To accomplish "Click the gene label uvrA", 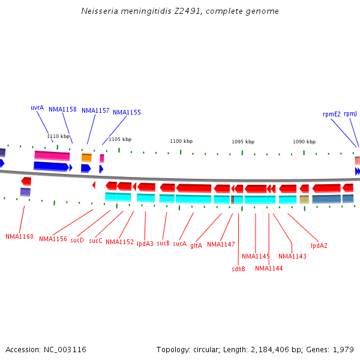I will [37, 108].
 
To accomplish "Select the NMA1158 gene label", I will [62, 110].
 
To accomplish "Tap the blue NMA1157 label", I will [95, 110].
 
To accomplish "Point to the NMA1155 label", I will [127, 112].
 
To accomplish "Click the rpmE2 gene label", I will [331, 114].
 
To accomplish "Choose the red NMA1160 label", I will [19, 236].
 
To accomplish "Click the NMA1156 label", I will [53, 239].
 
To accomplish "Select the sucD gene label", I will [77, 240].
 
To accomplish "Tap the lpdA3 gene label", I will [145, 244].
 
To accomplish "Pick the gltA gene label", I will [196, 245].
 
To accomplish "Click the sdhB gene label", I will [238, 269].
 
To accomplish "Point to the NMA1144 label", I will [268, 268].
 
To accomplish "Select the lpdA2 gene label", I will [319, 245].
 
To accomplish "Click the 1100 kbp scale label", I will [181, 141].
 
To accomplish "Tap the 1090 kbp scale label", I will [304, 142].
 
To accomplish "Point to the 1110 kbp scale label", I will [58, 136].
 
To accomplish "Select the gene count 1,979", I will [343, 349].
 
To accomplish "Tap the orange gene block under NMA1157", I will [86, 157].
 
